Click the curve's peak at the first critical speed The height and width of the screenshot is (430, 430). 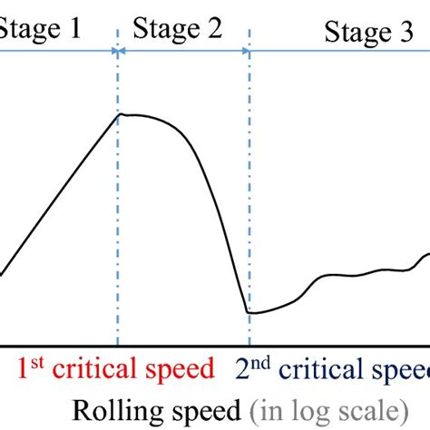pos(122,114)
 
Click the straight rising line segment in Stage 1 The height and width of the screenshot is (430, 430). pos(59,194)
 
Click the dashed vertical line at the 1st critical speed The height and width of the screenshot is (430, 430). pos(118,227)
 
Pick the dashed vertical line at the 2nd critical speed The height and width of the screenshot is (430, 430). pos(249,181)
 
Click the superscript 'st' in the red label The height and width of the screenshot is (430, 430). pos(36,362)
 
